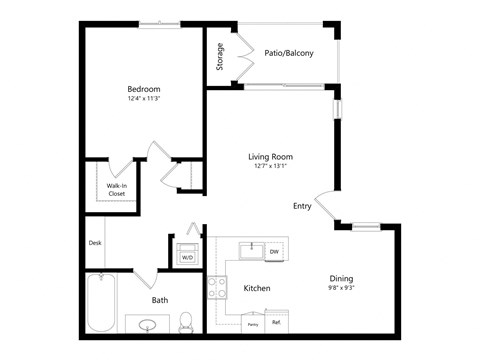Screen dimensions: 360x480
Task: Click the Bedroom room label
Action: (144, 88)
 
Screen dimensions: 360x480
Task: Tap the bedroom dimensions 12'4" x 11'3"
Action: (144, 99)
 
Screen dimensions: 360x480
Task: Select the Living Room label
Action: (271, 156)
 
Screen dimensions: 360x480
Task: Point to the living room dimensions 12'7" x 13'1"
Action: (271, 167)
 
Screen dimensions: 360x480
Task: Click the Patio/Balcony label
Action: (290, 53)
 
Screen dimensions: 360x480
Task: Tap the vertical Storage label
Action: (220, 56)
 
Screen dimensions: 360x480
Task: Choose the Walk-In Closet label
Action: (117, 189)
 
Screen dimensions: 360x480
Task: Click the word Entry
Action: (302, 206)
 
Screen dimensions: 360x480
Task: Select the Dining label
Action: (342, 278)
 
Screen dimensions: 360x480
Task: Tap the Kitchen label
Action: (258, 288)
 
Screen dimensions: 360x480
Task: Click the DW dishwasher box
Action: (273, 252)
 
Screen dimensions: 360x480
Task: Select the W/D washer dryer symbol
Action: (187, 256)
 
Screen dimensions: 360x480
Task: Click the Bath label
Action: (160, 300)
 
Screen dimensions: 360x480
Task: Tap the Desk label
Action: (95, 242)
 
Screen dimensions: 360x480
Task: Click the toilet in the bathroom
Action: (185, 322)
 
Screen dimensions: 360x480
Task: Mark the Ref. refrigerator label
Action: (275, 323)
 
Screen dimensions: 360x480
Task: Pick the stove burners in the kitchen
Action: (217, 288)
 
